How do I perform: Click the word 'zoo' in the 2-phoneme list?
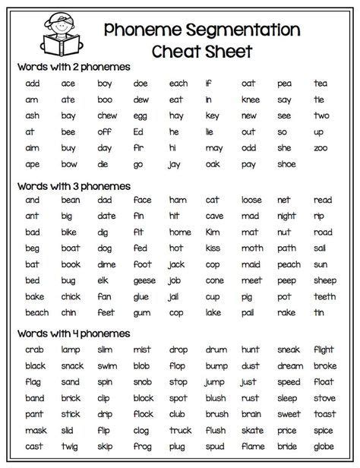click(x=321, y=147)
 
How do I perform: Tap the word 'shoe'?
click(x=286, y=163)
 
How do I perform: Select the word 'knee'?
click(x=250, y=99)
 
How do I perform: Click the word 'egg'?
click(x=141, y=115)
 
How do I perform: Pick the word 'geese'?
click(x=143, y=280)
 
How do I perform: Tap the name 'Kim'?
click(x=213, y=232)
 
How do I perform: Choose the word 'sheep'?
click(x=324, y=280)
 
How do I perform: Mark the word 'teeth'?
click(x=324, y=296)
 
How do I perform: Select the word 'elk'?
click(x=103, y=280)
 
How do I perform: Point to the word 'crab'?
click(x=33, y=349)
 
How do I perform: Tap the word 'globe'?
click(x=323, y=447)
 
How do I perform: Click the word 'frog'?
click(x=142, y=447)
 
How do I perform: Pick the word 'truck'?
click(x=180, y=431)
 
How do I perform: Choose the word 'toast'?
click(x=324, y=414)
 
